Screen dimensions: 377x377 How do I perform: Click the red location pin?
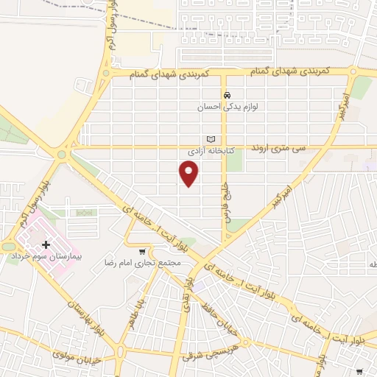(189, 173)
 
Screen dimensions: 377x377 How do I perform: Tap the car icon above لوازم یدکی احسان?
(228, 96)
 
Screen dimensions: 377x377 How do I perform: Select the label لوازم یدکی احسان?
(228, 107)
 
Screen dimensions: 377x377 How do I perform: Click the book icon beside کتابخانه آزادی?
(211, 139)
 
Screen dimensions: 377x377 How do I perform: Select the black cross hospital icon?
(46, 244)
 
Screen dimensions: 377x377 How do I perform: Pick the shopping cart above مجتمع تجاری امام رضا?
(142, 252)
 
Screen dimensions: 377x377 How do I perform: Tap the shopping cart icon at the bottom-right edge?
(359, 372)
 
